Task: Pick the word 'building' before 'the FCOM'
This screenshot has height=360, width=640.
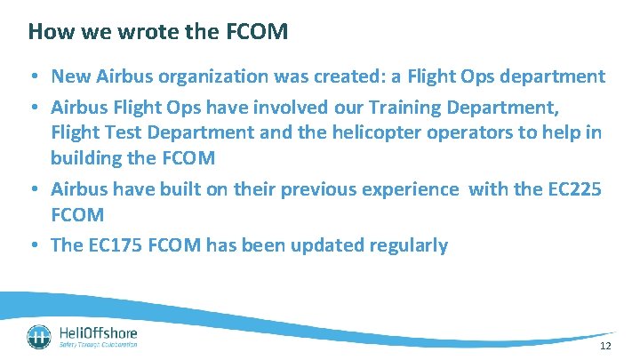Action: [88, 157]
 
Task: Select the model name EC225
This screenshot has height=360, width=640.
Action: [575, 188]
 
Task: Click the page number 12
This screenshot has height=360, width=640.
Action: [605, 346]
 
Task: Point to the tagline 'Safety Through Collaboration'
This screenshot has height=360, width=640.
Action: [98, 345]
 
